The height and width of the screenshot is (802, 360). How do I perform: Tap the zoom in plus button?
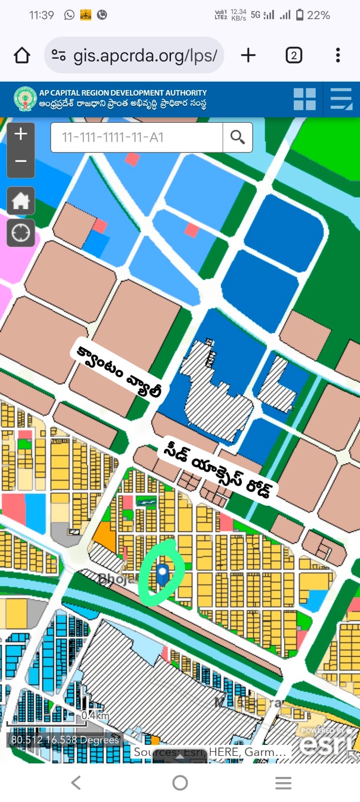click(21, 134)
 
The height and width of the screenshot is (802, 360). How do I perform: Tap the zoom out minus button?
click(21, 161)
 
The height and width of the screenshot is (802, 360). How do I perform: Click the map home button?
click(21, 201)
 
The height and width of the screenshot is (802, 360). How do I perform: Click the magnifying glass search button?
click(238, 137)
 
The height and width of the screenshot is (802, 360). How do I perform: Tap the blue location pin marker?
click(162, 574)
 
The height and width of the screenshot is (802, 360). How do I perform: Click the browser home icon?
click(22, 55)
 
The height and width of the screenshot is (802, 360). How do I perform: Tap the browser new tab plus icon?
click(248, 55)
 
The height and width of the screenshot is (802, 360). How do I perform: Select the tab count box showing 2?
click(294, 55)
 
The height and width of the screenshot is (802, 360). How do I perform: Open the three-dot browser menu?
click(338, 55)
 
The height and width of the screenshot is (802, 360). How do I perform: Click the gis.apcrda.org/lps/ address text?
click(145, 55)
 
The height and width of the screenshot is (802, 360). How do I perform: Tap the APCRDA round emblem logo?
click(25, 99)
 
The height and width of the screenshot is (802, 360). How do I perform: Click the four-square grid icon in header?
click(304, 99)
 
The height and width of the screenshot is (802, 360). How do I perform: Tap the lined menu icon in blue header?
click(341, 99)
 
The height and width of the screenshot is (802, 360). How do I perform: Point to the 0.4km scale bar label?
click(95, 715)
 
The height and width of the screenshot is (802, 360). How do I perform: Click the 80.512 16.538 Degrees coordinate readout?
click(65, 740)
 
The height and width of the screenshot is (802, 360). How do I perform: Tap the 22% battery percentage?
click(318, 16)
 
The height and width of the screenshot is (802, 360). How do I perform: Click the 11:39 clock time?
click(42, 16)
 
